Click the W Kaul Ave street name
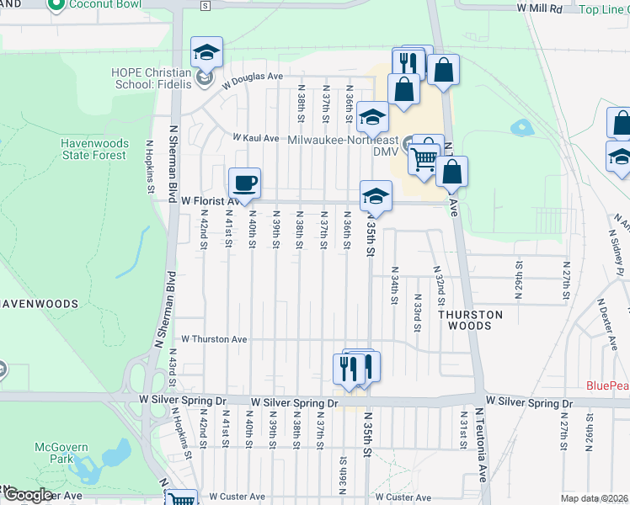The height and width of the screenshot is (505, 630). (256, 137)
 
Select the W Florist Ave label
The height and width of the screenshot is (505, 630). (209, 201)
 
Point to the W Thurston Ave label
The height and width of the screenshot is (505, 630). (216, 339)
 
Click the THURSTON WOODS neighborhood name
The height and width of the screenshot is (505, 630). (471, 320)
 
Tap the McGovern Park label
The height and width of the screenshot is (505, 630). (55, 453)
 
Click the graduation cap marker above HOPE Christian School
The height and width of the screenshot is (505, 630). (206, 54)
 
